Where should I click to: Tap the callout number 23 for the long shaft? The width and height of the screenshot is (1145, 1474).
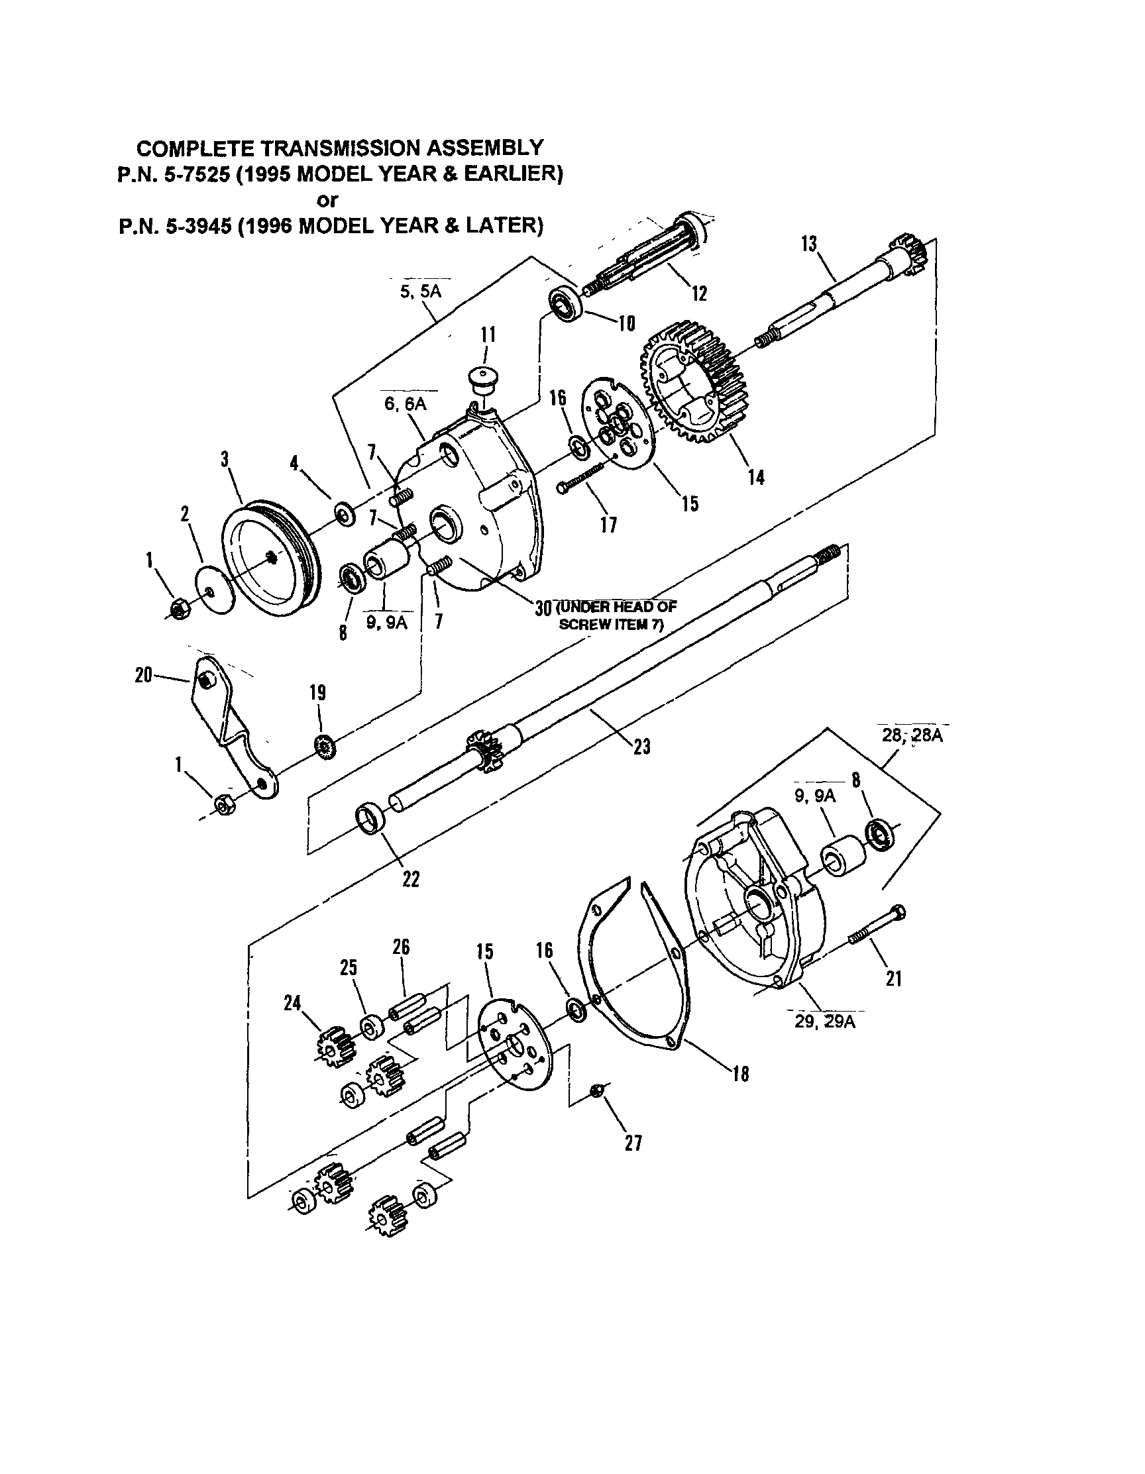point(641,747)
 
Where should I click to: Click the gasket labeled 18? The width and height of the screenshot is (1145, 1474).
point(631,965)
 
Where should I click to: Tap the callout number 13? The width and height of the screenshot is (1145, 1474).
point(809,244)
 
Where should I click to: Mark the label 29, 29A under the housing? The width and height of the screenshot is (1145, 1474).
point(824,1021)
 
